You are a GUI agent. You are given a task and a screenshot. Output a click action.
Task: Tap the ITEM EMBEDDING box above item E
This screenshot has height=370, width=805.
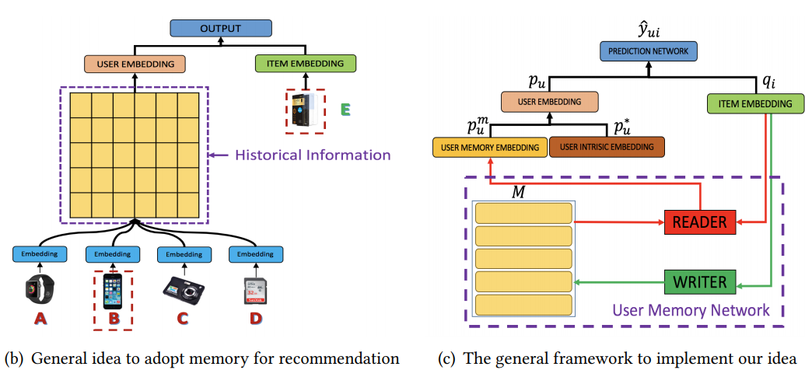[x=304, y=64]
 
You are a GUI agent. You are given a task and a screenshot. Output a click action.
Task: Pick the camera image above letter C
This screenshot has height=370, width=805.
[x=180, y=289]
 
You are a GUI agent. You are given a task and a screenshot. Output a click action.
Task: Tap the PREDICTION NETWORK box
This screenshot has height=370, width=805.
[x=648, y=52]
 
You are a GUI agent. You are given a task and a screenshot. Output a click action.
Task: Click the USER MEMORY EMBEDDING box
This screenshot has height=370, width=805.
[x=490, y=146]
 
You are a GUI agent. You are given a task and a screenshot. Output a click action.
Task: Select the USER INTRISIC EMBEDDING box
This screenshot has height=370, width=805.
[x=602, y=146]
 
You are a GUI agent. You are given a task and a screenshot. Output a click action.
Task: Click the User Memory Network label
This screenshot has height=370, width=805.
[x=691, y=311]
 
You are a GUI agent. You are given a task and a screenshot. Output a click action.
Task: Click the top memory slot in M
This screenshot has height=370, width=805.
[x=523, y=213]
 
